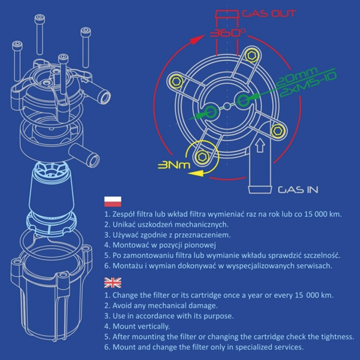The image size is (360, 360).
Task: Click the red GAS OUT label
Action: point(269,14)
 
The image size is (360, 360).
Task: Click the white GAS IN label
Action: point(298,190)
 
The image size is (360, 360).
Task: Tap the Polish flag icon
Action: point(112,202)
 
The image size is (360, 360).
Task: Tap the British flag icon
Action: point(112,282)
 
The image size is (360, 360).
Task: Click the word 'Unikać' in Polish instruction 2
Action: point(124,225)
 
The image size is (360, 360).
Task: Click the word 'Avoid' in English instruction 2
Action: point(122,305)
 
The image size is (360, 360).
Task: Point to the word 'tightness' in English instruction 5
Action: point(339,336)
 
